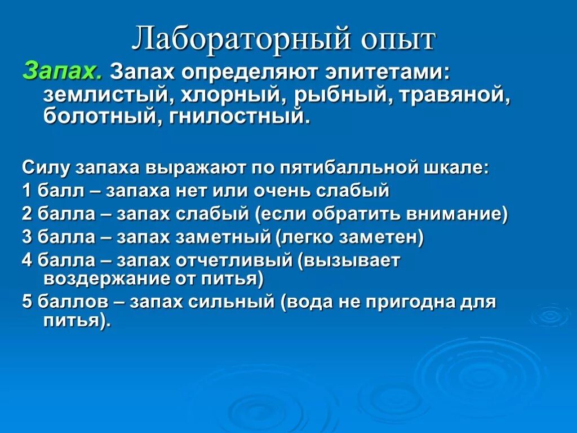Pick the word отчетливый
237,260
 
